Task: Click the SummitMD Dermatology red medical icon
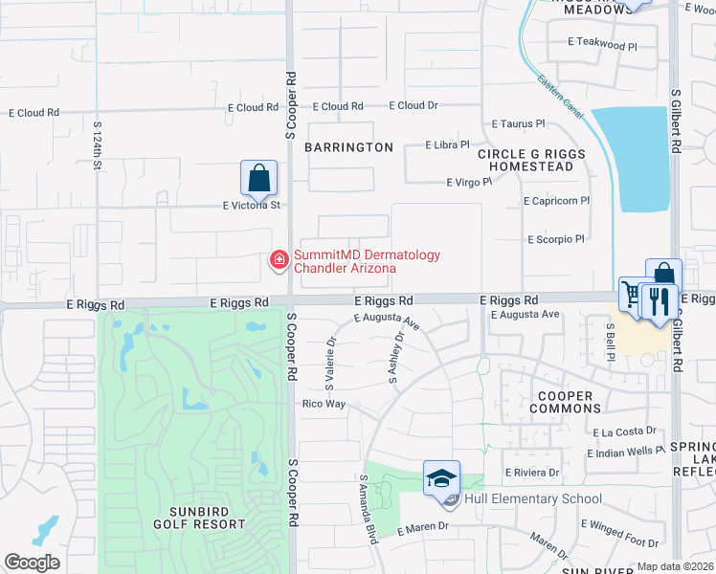[x=280, y=259]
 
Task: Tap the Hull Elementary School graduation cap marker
[x=442, y=477]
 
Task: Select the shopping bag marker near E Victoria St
[x=258, y=178]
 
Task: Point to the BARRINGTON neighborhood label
[x=348, y=147]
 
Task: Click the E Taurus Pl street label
[x=517, y=123]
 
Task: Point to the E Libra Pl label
[x=447, y=145]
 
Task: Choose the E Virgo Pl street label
[x=469, y=182]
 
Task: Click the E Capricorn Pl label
[x=557, y=202]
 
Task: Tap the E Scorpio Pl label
[x=555, y=239]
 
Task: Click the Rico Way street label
[x=323, y=404]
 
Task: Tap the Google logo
[x=32, y=563]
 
